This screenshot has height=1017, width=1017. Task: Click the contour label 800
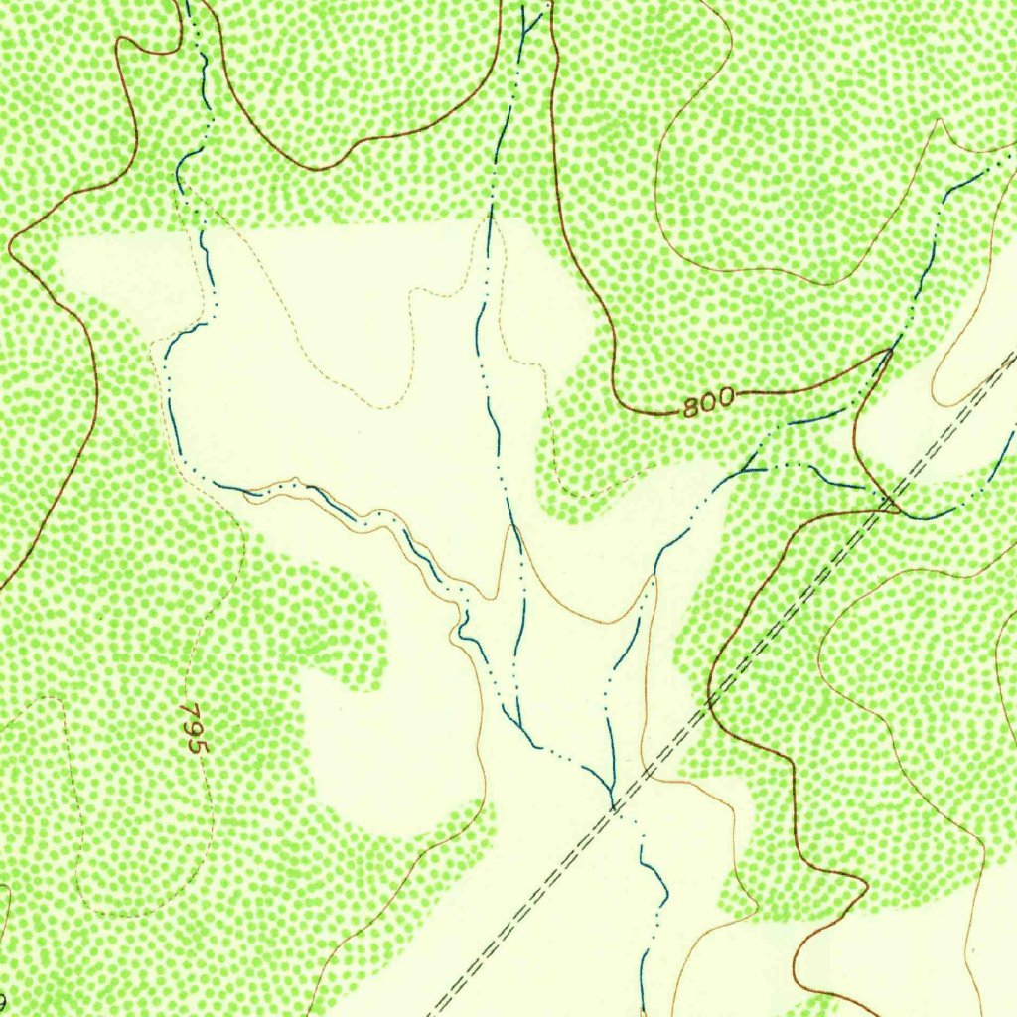coord(709,401)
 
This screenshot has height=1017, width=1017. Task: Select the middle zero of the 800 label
coord(709,401)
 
